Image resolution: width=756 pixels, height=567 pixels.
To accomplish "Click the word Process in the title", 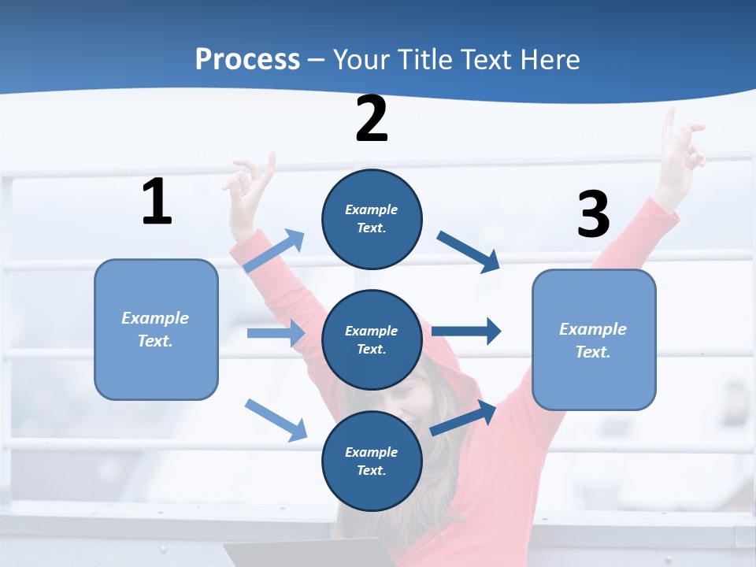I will coord(247,60).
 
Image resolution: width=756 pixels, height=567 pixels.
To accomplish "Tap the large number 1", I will coord(157,202).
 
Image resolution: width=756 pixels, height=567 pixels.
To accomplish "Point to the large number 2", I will coord(372,120).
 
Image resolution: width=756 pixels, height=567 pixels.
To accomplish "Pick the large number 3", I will coord(594,215).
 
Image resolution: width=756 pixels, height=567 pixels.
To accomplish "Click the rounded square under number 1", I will coord(156,329).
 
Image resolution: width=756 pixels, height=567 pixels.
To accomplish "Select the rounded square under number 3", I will coord(594,339).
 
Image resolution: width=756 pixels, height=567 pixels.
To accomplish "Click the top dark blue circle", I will coord(372,219).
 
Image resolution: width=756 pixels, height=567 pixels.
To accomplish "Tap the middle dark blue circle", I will coord(372,339).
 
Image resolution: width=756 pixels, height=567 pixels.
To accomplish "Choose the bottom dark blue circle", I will coord(372,461).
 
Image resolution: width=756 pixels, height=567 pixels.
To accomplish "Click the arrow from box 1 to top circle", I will coord(275,250).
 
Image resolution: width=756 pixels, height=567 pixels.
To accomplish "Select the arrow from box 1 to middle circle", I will coord(276,333).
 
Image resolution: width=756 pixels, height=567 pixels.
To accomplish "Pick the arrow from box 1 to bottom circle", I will coord(276,419).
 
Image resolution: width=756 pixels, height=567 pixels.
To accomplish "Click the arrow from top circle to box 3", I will coord(469,251).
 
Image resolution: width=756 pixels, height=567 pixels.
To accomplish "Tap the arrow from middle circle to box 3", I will coord(466,331).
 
